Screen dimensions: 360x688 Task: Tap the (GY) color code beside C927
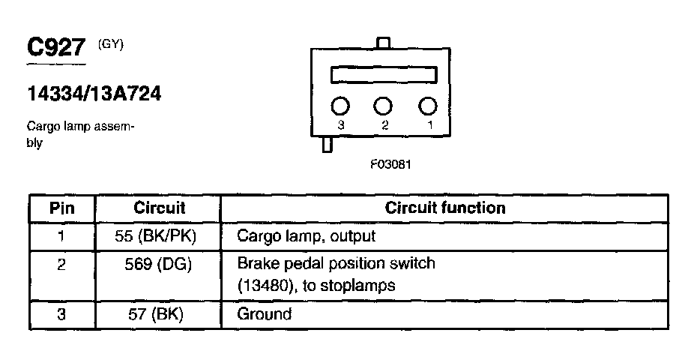point(111,44)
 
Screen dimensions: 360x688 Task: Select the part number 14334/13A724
point(94,95)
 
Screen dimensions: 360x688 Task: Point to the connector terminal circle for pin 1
point(427,106)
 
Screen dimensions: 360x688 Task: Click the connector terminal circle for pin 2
point(384,106)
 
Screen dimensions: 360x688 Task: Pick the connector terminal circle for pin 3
point(341,106)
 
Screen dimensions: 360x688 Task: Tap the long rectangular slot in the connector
point(384,75)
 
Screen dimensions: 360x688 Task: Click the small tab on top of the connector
point(384,43)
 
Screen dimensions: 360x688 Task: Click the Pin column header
point(61,208)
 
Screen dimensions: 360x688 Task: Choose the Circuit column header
point(159,208)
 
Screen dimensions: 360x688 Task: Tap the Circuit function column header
point(445,208)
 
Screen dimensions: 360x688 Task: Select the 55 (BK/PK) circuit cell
point(159,236)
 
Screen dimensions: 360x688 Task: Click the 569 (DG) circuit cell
point(159,264)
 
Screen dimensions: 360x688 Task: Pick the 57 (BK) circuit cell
point(159,313)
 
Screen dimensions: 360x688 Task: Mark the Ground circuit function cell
point(264,313)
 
